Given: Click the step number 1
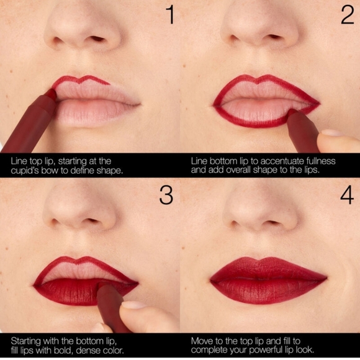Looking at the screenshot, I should (x=168, y=16).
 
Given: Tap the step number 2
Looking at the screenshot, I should (x=347, y=16).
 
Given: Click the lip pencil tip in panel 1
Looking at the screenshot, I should (x=51, y=94).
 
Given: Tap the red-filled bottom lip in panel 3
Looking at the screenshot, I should (x=68, y=291).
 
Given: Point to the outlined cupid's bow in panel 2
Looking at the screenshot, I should (x=265, y=79).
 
